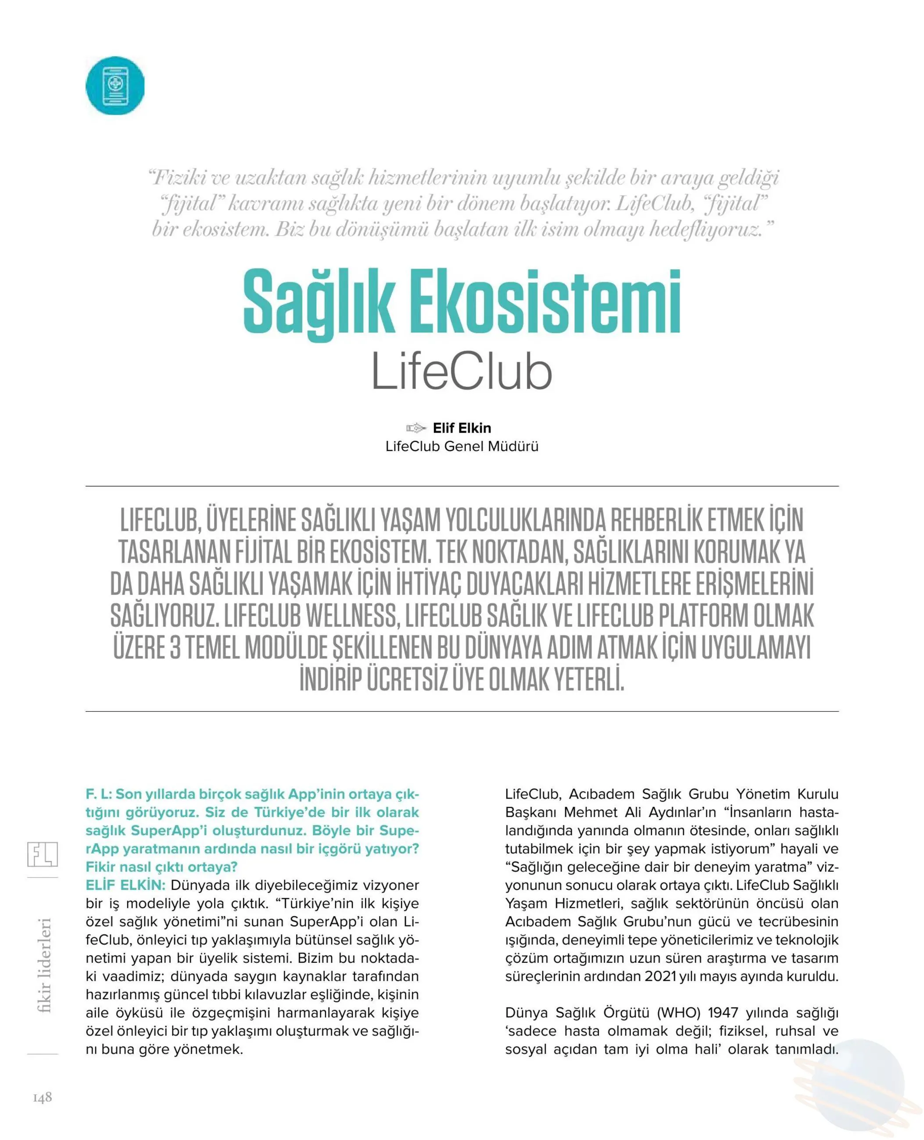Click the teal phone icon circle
point(115,86)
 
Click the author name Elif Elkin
point(462,428)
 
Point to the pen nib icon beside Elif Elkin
point(415,428)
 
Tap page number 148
point(43,1097)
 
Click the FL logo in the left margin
point(43,854)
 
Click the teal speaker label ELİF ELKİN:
point(125,885)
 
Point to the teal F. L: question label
point(99,794)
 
